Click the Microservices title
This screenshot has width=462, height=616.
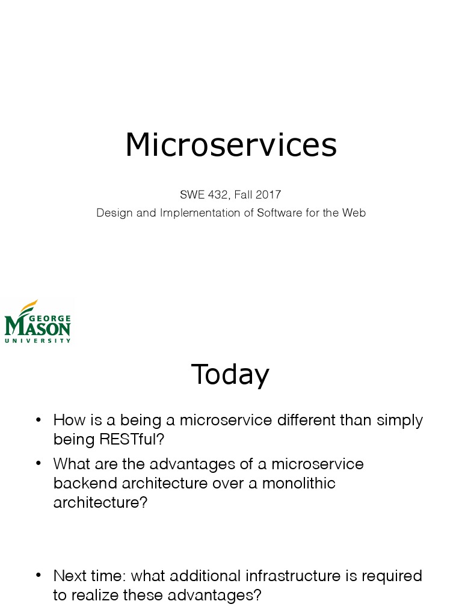231,145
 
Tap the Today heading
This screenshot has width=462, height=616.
230,374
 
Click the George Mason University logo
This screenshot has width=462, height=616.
37,322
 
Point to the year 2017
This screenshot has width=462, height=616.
268,194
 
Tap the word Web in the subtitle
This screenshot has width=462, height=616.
354,213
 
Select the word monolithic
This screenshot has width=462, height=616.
299,483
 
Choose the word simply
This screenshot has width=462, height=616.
399,420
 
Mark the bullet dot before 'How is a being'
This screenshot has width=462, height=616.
38,419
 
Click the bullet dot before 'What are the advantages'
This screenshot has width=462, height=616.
38,464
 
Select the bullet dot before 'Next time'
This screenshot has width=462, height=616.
38,575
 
